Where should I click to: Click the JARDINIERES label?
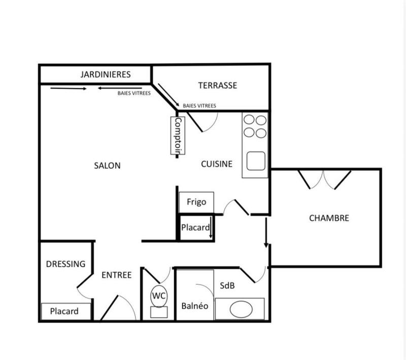point(105,75)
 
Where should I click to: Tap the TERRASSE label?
point(218,85)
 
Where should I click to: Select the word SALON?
point(107,165)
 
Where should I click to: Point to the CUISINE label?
point(217,164)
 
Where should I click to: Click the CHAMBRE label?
point(329,218)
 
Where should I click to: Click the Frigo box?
point(196,202)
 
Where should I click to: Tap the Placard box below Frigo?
point(195,228)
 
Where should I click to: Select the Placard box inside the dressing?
point(64,311)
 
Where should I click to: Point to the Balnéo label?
point(195,306)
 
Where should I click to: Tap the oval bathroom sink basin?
point(240,308)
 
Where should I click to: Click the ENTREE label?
point(117,275)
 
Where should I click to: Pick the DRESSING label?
point(65,264)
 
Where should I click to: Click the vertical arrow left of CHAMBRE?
point(266,233)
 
